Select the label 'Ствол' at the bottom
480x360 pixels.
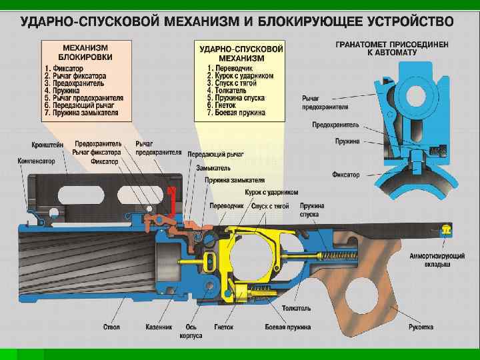click(111, 327)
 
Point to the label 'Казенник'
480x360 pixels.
click(159, 327)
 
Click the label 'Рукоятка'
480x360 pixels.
click(421, 327)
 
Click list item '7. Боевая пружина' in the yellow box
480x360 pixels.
click(236, 113)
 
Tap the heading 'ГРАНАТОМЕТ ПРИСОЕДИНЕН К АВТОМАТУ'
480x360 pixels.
click(391, 48)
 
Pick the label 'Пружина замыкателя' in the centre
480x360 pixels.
click(235, 180)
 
